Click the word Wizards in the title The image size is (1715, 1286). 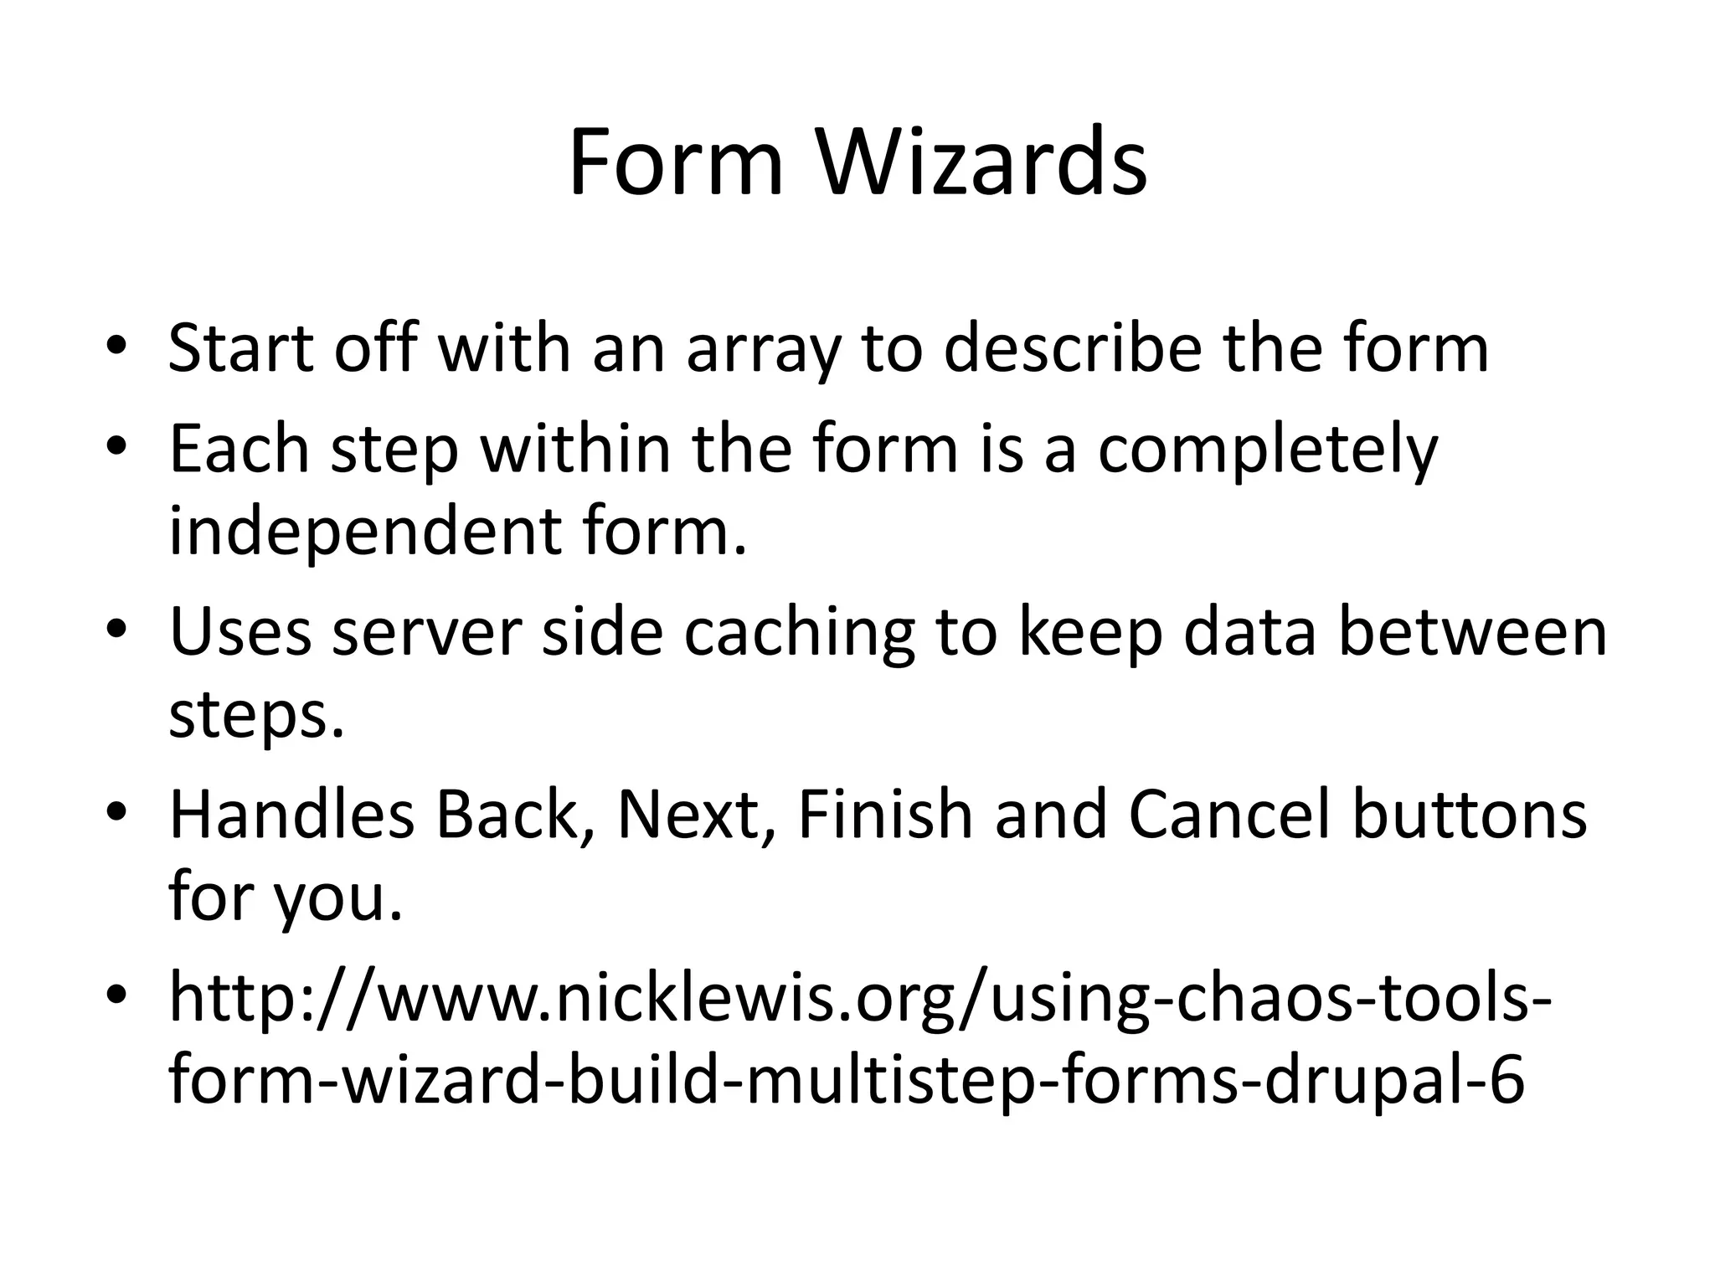[981, 163]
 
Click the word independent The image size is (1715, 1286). [363, 533]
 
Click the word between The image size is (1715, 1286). [1473, 632]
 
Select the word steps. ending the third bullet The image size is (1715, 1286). [256, 718]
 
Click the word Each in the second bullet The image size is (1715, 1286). [239, 450]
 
